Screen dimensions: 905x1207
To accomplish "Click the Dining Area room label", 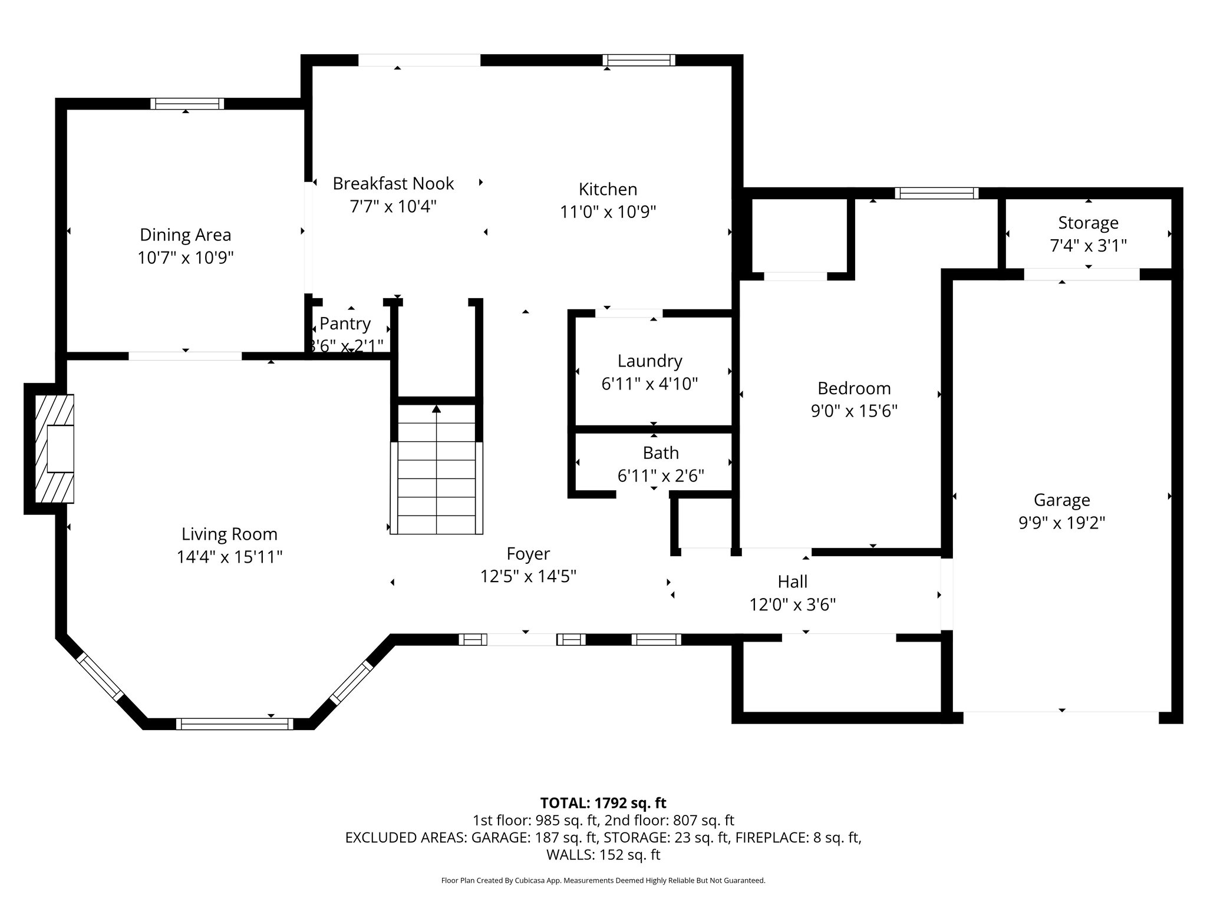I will tap(185, 234).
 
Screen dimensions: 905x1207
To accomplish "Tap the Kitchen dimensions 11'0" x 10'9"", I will tap(608, 212).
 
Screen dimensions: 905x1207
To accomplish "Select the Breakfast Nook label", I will tap(393, 183).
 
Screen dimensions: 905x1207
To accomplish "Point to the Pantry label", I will tap(345, 323).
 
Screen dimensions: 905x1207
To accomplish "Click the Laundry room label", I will tap(649, 361).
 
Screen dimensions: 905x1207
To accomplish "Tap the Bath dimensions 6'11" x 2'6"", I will tap(661, 475).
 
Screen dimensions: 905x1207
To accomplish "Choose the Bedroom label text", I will tap(853, 388).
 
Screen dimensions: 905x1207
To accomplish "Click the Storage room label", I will tap(1088, 223).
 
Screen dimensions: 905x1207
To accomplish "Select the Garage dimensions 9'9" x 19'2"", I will tap(1061, 523).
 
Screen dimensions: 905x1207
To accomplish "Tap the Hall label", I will tap(792, 582).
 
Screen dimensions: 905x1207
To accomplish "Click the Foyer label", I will tap(528, 554).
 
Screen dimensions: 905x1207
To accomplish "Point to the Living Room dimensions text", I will tap(229, 557).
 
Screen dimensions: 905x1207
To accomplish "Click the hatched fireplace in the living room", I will tap(54, 448).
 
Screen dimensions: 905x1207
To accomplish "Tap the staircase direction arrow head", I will tap(436, 408).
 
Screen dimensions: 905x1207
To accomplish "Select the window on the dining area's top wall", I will tap(187, 104).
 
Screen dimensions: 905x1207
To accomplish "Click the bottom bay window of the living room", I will tap(234, 724).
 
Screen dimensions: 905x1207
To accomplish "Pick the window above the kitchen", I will tap(638, 60).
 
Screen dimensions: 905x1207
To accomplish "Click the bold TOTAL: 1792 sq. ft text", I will tap(603, 802).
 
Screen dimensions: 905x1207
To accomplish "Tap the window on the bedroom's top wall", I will tap(936, 193).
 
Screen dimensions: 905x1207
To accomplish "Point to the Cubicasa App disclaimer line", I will tap(603, 880).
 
